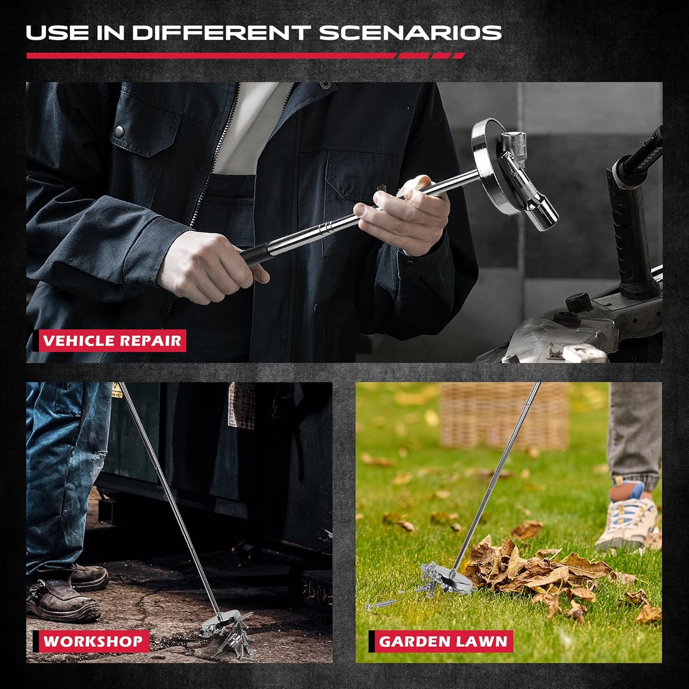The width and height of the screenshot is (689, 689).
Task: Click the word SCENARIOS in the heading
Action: pyautogui.click(x=410, y=33)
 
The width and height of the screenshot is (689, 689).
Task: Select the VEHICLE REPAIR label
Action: pyautogui.click(x=113, y=341)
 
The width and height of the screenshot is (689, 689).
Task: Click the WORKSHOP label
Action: pyautogui.click(x=92, y=641)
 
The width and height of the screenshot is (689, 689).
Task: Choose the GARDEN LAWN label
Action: pyautogui.click(x=443, y=641)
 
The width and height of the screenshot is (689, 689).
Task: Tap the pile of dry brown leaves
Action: pyautogui.click(x=542, y=570)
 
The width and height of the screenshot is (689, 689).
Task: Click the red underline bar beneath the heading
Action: pyautogui.click(x=211, y=56)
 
